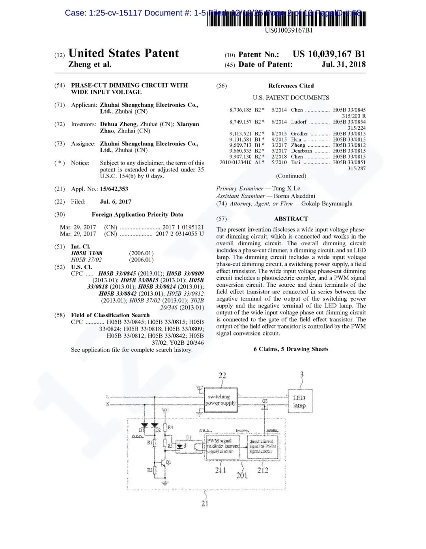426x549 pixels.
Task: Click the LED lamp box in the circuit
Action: pos(299,401)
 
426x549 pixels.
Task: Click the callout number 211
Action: pos(220,470)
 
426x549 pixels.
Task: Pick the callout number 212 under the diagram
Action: pos(263,470)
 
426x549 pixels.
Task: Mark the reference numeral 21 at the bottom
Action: pos(205,503)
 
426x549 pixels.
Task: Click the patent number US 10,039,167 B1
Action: pos(329,54)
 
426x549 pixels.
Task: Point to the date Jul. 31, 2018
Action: pos(343,64)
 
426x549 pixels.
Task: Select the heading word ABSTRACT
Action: pos(291,218)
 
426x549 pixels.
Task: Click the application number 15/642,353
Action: pos(114,189)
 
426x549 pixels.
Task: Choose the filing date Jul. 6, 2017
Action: pos(116,202)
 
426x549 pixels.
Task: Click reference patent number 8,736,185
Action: pos(240,110)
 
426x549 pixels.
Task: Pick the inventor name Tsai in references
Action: pos(295,162)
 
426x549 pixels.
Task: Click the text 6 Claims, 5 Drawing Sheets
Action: pos(291,349)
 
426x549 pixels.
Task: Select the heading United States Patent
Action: pos(123,53)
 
